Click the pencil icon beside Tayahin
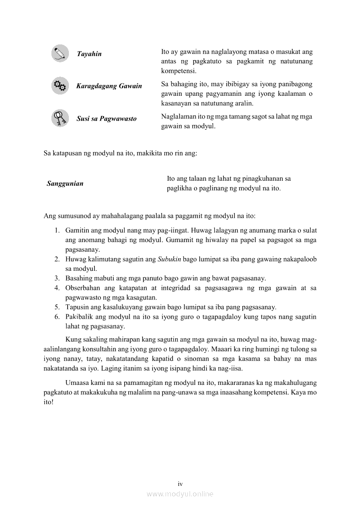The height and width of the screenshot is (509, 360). tap(60, 54)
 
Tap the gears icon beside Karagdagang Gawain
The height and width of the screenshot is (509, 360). tap(60, 86)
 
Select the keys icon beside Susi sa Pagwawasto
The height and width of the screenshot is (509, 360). tap(60, 118)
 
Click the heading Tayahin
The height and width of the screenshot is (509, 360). tap(89, 54)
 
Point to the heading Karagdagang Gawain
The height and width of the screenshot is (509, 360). tap(109, 86)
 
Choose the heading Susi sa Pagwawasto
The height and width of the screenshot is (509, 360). tap(106, 118)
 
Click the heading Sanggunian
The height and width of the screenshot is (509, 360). tap(65, 184)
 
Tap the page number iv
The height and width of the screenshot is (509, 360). tap(180, 484)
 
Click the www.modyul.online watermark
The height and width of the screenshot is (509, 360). tap(180, 494)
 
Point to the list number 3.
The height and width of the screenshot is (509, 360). tap(57, 278)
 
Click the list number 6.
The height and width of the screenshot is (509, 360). tap(57, 317)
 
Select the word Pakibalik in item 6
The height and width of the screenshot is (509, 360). tap(78, 317)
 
